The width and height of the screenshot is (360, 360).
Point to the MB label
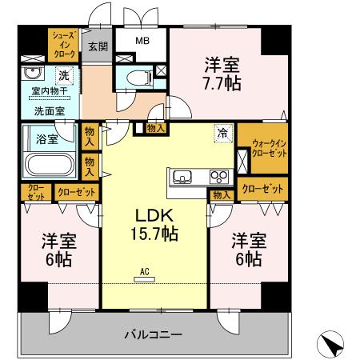pyautogui.click(x=141, y=41)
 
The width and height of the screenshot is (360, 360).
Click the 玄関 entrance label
pyautogui.click(x=98, y=46)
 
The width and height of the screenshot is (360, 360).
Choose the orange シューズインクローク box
pyautogui.click(x=64, y=45)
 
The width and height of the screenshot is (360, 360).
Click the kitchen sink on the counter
pyautogui.click(x=181, y=176)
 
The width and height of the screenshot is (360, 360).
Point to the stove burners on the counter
pyautogui.click(x=218, y=176)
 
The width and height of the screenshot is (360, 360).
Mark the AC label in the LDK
pyautogui.click(x=145, y=271)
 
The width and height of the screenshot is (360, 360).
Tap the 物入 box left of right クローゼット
pyautogui.click(x=222, y=194)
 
